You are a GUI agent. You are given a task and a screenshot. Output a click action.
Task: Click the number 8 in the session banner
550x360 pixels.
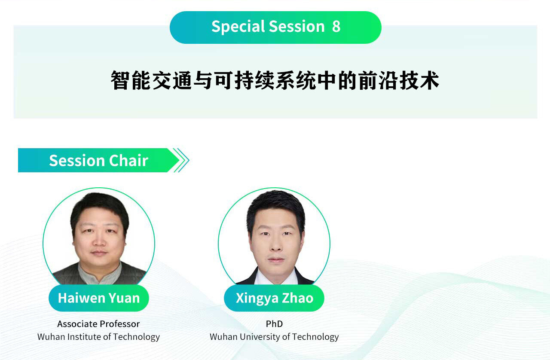click(336, 26)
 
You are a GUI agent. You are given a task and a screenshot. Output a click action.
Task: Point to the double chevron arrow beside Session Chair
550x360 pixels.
click(181, 160)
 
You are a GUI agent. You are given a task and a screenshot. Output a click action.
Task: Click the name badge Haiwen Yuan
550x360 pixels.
click(99, 298)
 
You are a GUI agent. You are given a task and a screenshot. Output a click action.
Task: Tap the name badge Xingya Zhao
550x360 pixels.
click(274, 298)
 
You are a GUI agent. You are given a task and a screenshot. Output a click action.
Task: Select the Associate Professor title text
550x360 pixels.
click(98, 324)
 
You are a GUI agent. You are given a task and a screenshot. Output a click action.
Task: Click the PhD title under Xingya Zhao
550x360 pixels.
click(274, 324)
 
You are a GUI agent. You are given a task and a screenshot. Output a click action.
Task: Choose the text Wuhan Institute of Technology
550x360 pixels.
click(98, 337)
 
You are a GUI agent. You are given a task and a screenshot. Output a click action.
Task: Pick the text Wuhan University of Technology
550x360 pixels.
click(274, 337)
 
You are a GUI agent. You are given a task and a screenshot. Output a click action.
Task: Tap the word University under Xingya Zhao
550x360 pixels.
click(260, 337)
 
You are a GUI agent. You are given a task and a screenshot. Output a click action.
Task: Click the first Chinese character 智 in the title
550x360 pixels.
click(120, 80)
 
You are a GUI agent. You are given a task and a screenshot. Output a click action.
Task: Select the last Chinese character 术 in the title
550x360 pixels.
click(430, 80)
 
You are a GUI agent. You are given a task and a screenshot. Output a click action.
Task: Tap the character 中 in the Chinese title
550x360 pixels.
click(327, 80)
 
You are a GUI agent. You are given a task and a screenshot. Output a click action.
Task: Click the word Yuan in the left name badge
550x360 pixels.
click(124, 298)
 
